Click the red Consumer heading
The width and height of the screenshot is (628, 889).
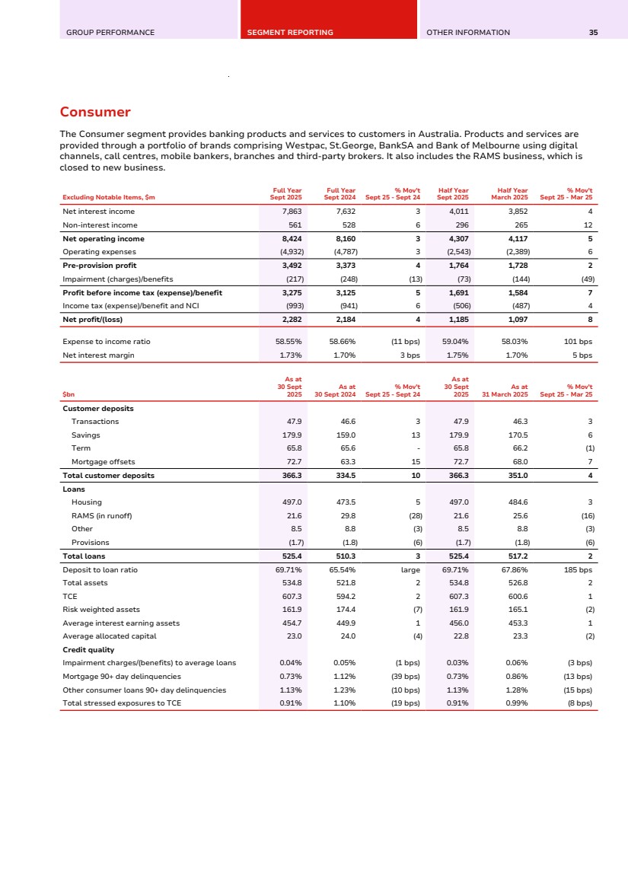click(x=95, y=113)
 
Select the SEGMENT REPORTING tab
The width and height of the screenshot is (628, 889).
click(x=290, y=33)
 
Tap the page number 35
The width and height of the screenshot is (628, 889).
click(x=593, y=33)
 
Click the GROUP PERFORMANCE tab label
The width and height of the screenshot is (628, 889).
click(x=110, y=33)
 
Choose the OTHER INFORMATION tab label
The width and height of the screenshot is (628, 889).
click(x=468, y=33)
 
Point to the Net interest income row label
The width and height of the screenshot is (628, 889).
click(x=98, y=211)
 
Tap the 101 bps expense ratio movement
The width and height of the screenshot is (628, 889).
click(x=581, y=342)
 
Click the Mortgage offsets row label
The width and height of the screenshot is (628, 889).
click(x=102, y=462)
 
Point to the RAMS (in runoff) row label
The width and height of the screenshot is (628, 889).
click(x=101, y=515)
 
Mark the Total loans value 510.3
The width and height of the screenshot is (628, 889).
click(x=345, y=556)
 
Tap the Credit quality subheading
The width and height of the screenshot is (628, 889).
click(x=88, y=649)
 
